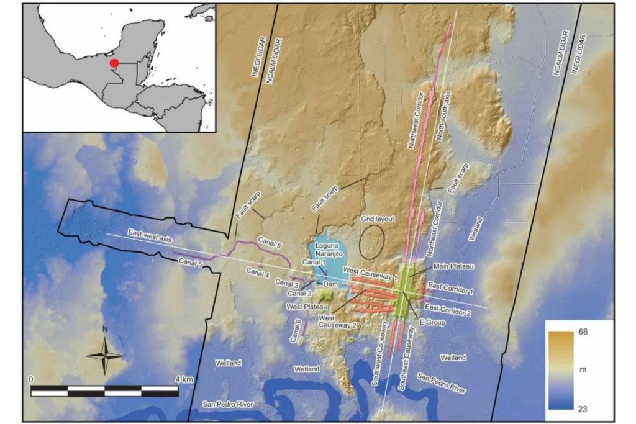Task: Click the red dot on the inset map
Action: pyautogui.click(x=114, y=63)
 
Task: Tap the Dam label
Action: pyautogui.click(x=330, y=284)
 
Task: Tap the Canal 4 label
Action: pyautogui.click(x=257, y=271)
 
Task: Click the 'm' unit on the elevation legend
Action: pyautogui.click(x=583, y=370)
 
